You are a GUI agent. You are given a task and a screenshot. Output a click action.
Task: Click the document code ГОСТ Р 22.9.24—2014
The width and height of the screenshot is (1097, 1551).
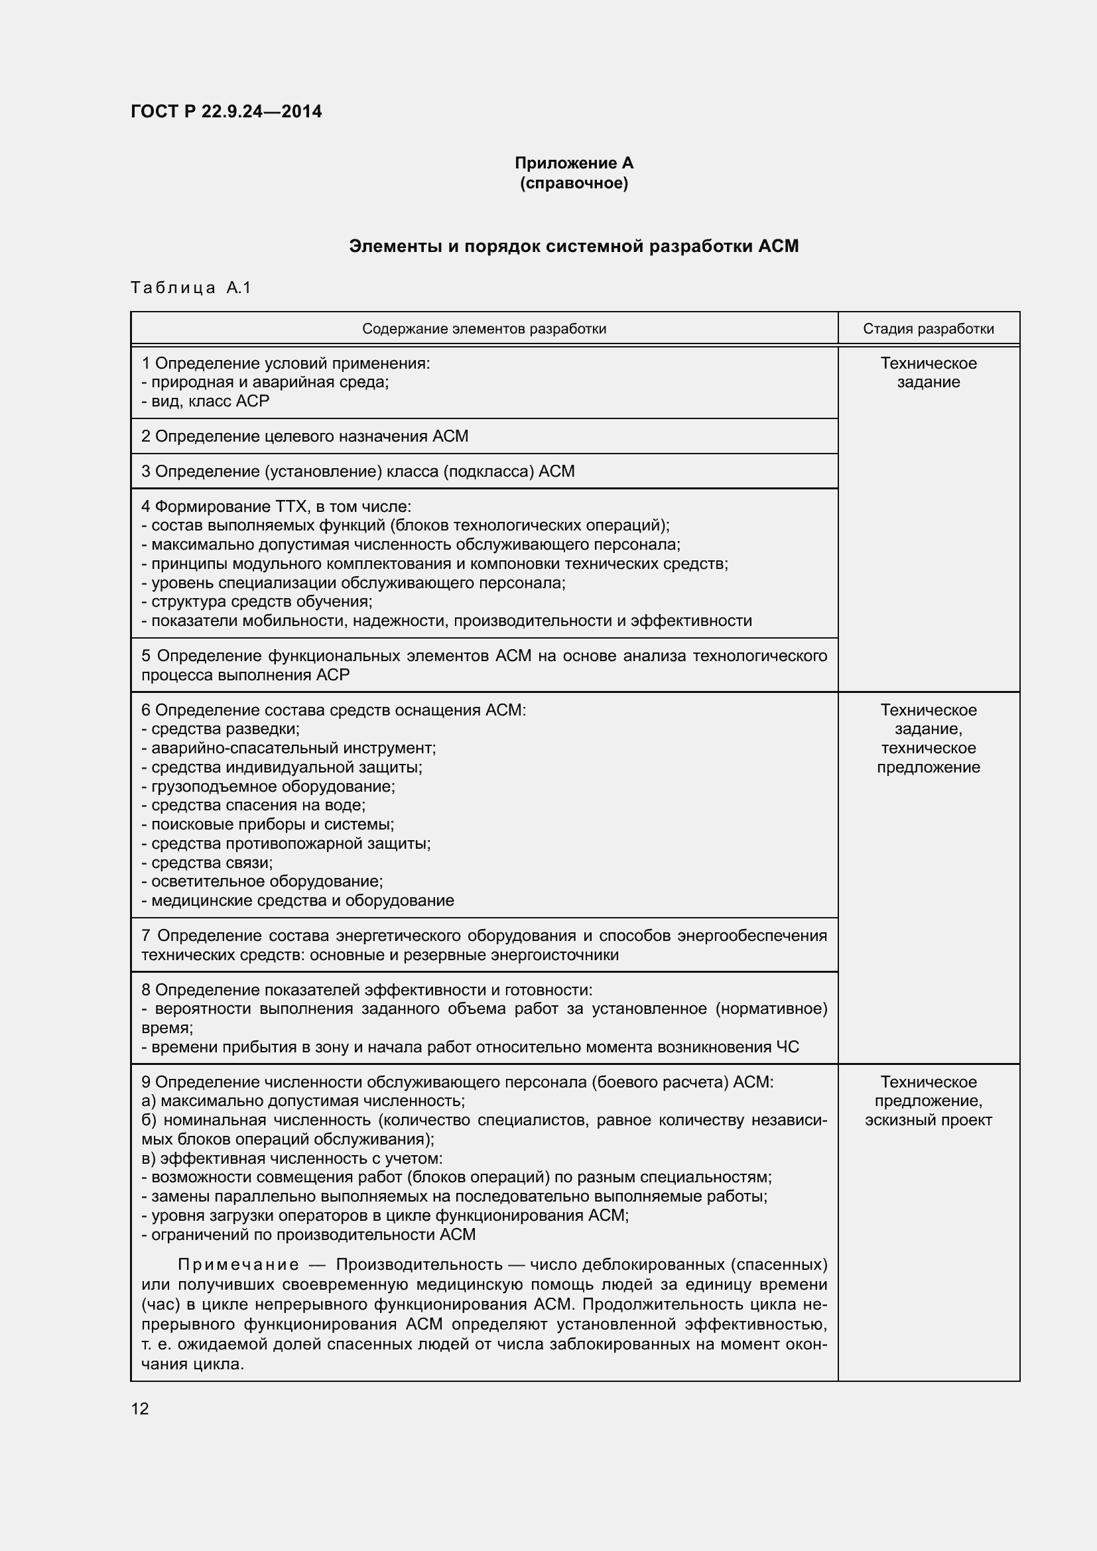tap(226, 111)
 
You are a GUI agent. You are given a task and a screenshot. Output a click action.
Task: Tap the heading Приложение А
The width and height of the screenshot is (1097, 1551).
tap(574, 163)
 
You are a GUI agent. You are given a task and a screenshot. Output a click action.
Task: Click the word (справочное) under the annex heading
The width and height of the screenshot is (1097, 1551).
tap(574, 183)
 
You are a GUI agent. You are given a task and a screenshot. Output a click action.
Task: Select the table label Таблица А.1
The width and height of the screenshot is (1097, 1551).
tap(190, 288)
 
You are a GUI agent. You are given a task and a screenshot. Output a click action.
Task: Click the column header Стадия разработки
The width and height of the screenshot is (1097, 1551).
tap(928, 329)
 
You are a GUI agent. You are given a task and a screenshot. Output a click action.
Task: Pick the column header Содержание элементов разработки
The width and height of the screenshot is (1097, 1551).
tap(484, 329)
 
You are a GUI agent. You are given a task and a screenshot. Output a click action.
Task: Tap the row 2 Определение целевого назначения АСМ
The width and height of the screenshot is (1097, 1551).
tap(304, 436)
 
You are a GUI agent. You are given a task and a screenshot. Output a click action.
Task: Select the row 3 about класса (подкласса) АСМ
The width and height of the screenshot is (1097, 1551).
tap(358, 471)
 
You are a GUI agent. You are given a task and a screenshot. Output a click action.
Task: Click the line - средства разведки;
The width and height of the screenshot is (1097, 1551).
tap(220, 729)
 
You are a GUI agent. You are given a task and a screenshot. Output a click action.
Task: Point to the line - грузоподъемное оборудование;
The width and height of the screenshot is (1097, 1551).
tap(268, 786)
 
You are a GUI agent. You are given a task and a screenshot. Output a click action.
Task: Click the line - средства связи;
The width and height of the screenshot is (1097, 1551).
tap(207, 863)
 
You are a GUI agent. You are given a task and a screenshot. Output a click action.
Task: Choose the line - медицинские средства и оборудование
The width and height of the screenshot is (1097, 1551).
tap(298, 900)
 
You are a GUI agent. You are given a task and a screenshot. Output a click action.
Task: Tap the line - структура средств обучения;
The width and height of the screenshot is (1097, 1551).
tap(257, 601)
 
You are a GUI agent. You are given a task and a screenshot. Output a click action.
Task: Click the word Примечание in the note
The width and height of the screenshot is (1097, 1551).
tap(239, 1265)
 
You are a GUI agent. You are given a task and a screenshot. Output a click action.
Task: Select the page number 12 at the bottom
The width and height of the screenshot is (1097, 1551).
tap(140, 1408)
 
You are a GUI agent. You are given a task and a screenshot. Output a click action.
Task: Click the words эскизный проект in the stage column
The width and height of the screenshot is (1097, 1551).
tap(928, 1120)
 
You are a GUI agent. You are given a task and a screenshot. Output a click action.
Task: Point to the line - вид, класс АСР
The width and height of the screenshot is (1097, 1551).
tap(206, 401)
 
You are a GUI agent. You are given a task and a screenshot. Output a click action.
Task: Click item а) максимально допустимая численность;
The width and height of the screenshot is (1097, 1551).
tap(303, 1101)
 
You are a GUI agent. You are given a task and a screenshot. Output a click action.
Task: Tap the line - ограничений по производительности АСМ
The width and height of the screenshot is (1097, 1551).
tap(308, 1235)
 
